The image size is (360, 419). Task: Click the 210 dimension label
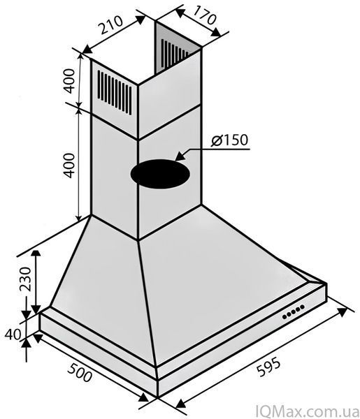110,25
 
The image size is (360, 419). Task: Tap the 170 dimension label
204,15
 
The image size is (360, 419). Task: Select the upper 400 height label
69,81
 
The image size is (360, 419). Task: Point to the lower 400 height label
69,165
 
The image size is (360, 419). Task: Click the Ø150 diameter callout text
229,140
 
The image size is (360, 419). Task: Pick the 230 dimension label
26,279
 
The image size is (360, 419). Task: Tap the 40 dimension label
13,335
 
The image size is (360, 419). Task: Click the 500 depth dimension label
80,373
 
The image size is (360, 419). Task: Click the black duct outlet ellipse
160,174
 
